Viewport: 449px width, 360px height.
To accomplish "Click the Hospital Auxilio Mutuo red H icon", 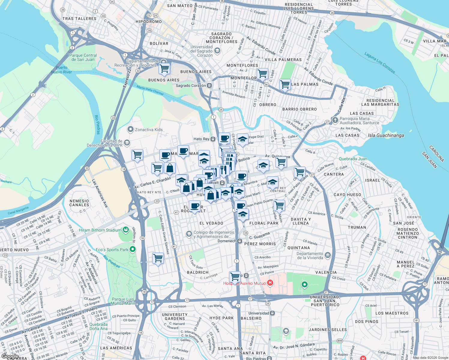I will [x=270, y=283].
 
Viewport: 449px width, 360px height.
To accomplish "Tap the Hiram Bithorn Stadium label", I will [x=100, y=230].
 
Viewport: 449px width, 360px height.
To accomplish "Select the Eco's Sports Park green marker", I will [x=132, y=249].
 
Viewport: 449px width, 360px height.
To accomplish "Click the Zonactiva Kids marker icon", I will [x=130, y=130].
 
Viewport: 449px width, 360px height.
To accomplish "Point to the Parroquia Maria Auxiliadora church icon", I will [x=335, y=121].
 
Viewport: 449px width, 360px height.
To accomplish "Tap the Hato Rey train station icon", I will [x=213, y=139].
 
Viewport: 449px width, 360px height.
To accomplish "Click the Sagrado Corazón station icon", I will [x=209, y=85].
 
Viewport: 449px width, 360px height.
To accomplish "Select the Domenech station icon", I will [x=240, y=241].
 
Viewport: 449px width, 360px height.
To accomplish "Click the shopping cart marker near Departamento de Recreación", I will [x=164, y=68].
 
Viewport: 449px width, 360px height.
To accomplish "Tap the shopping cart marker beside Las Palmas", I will [x=285, y=84].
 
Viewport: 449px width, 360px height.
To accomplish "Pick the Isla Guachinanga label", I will [x=386, y=135].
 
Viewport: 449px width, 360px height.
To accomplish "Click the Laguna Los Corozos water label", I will [x=380, y=63].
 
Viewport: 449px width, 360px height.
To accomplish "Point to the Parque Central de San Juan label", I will [x=83, y=57].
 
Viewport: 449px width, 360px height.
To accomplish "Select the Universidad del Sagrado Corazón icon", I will [x=217, y=51].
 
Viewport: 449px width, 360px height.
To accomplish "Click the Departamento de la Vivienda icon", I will [x=327, y=256].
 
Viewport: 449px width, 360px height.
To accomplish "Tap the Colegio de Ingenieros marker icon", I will [x=189, y=234].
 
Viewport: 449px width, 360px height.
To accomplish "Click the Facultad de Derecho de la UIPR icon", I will [x=127, y=143].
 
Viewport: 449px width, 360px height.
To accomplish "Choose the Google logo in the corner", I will [x=10, y=356].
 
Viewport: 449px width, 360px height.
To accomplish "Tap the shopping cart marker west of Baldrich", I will [x=158, y=258].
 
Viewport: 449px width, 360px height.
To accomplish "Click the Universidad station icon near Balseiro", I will [x=272, y=313].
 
